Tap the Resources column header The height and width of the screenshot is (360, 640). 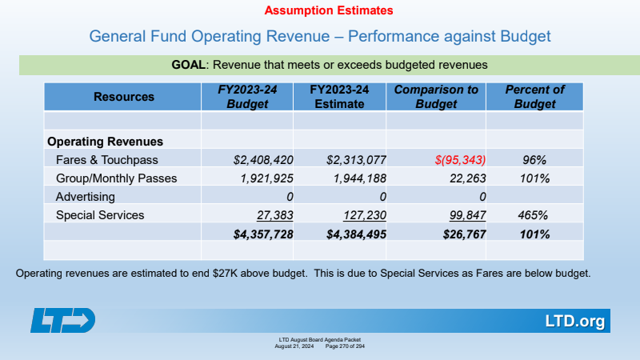[124, 97]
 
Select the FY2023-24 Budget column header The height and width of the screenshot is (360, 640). [247, 97]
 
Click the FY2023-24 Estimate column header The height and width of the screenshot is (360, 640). [339, 97]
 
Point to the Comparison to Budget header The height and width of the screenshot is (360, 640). [436, 97]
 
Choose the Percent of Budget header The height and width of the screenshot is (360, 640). [534, 97]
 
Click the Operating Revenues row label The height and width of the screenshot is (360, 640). [106, 141]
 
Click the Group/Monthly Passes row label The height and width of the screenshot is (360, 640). [116, 178]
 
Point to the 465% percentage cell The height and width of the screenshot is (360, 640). [532, 215]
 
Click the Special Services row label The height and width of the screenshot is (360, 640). [100, 215]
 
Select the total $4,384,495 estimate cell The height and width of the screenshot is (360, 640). [348, 234]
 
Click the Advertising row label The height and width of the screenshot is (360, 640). [86, 196]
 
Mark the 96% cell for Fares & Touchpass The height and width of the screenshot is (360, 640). [534, 159]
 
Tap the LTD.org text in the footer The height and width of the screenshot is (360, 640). [574, 322]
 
